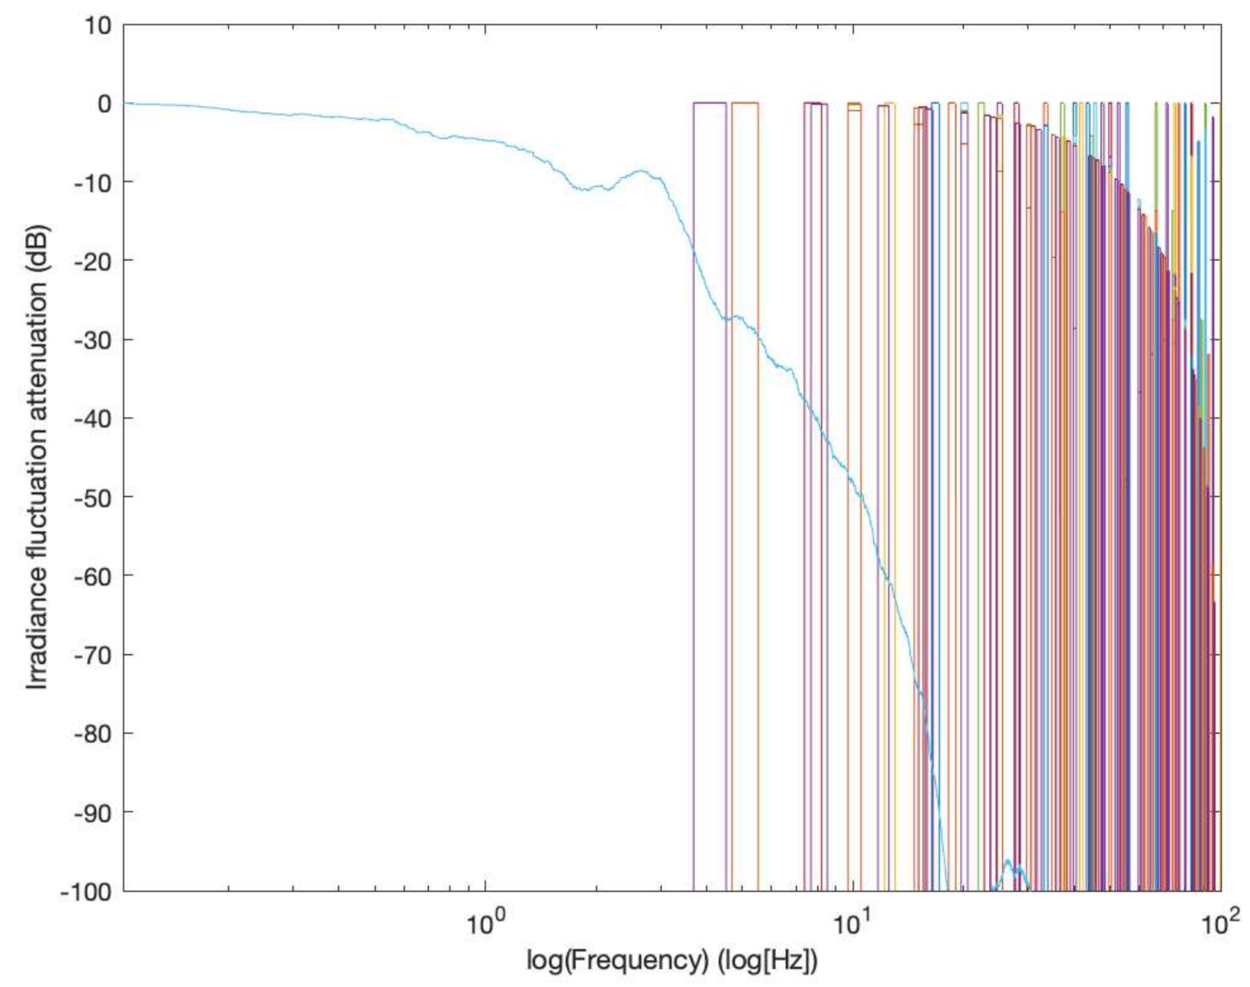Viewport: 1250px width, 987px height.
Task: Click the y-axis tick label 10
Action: (98, 26)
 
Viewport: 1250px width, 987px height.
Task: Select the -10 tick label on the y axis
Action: (93, 183)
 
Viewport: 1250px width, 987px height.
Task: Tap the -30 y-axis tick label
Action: (93, 340)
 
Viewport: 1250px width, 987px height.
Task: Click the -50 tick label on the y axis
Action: (93, 498)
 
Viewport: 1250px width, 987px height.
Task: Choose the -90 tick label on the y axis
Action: (93, 813)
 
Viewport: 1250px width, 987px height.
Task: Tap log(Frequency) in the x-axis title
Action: (617, 960)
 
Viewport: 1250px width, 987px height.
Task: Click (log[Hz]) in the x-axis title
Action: (767, 960)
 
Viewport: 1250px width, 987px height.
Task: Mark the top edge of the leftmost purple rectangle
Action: (709, 103)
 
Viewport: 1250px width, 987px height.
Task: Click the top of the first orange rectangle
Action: (745, 103)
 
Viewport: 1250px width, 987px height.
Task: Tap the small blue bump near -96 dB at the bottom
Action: (1008, 861)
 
